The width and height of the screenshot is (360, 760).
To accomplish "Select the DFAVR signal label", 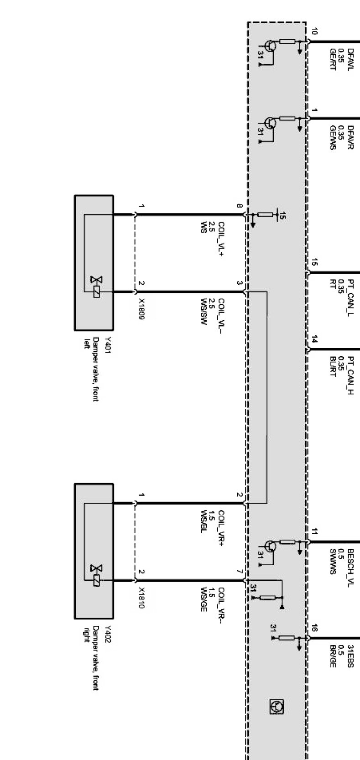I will click(x=350, y=138).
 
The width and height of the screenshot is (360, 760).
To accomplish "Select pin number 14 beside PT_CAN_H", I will click(x=314, y=339).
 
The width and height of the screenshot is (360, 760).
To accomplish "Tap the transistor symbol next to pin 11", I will click(x=270, y=546).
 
